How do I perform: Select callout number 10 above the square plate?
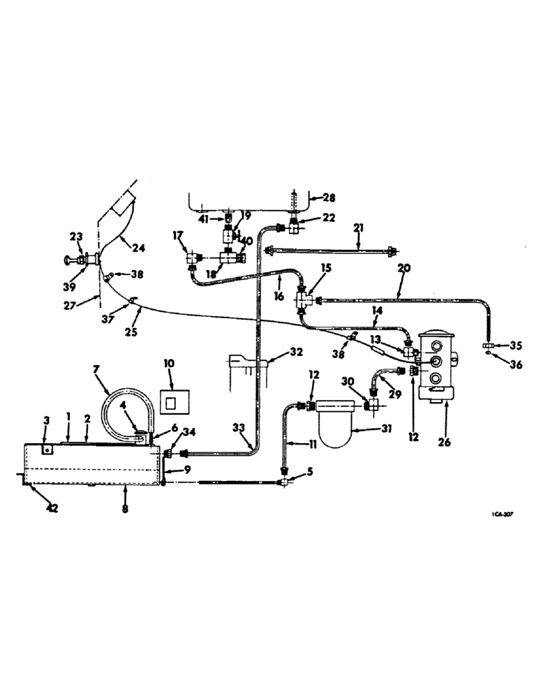(x=169, y=364)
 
